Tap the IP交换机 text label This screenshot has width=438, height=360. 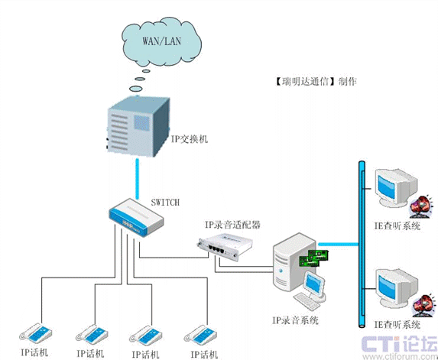[190, 139]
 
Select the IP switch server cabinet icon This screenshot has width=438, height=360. [138, 126]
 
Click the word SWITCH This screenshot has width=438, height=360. [165, 202]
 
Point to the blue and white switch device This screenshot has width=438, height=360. [136, 218]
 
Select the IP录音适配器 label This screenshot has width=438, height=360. [232, 225]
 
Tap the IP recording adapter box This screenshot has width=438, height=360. [225, 247]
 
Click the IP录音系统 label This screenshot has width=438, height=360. [295, 320]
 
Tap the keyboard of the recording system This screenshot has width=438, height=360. [307, 301]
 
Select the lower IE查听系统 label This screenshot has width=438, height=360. [397, 325]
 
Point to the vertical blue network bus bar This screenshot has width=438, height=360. [362, 244]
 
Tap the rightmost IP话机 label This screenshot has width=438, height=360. [204, 355]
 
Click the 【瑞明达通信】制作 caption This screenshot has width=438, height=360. [316, 82]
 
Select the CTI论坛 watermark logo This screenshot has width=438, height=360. [400, 347]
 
